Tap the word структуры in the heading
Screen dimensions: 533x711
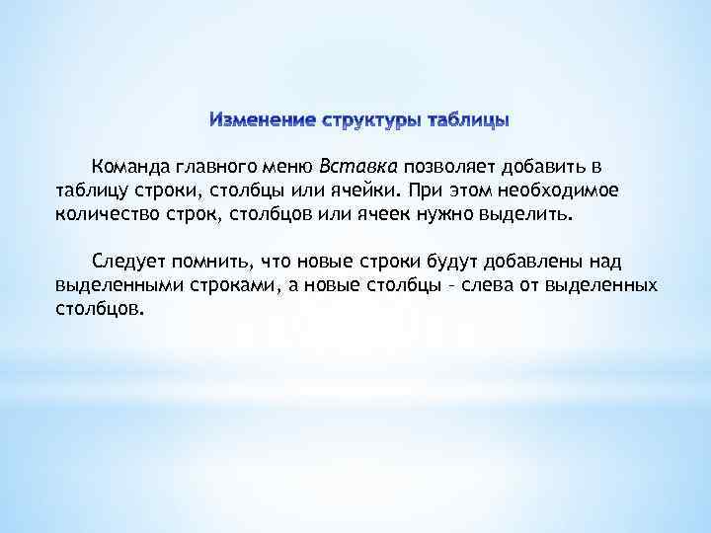tap(362, 121)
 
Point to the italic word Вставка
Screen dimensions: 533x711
tap(357, 165)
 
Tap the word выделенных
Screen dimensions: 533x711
tap(607, 285)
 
